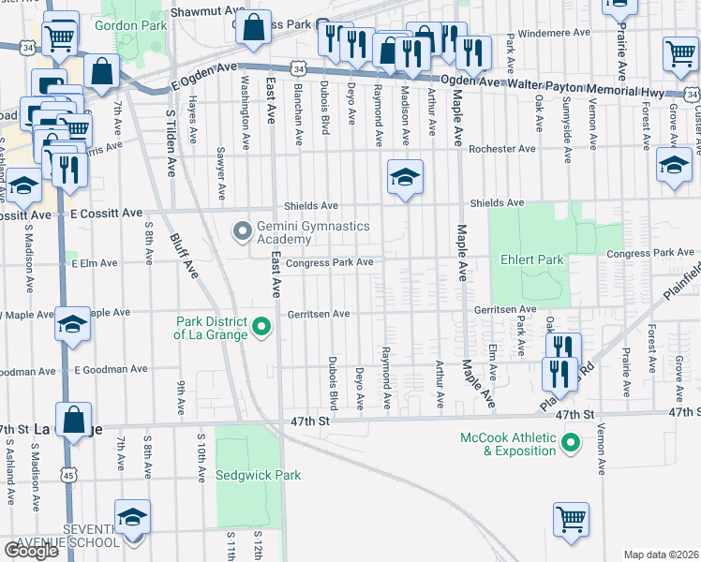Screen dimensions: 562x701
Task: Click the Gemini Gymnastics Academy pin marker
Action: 242,229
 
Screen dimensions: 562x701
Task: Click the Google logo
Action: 31,551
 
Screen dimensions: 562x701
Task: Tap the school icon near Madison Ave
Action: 405,177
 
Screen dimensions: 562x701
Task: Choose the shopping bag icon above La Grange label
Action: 73,420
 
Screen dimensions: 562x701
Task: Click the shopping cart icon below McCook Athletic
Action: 571,519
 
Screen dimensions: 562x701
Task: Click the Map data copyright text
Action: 661,555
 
